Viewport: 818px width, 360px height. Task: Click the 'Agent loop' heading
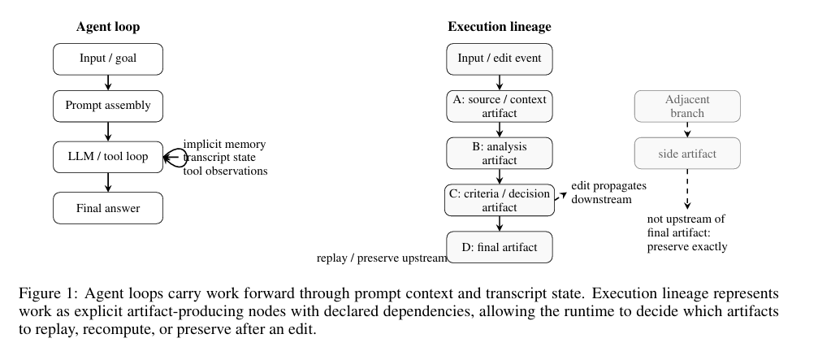(x=108, y=27)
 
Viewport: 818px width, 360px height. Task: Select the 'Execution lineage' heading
(x=500, y=27)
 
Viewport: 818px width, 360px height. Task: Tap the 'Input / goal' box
(x=108, y=59)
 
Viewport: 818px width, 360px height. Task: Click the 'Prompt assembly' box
(x=108, y=106)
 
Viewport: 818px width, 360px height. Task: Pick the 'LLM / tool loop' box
(x=108, y=157)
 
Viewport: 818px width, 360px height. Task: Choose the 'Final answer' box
(x=108, y=208)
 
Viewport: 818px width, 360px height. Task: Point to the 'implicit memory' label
(x=224, y=144)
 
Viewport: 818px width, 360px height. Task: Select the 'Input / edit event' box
(x=500, y=59)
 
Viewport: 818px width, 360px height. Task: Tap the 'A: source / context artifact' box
(x=500, y=106)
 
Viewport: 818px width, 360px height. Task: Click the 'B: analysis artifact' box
(x=500, y=153)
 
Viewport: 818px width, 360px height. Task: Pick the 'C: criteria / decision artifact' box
(x=500, y=200)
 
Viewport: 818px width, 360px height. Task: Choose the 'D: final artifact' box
(x=500, y=247)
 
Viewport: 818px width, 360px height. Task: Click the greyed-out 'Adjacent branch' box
(x=687, y=106)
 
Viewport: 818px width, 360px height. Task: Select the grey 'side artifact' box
(x=687, y=153)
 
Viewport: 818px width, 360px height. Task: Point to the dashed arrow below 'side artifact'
(x=687, y=189)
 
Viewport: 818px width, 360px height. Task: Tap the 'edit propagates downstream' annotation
(x=608, y=193)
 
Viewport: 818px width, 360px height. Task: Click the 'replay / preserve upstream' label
(x=382, y=258)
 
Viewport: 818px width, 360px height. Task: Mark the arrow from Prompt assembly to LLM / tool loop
(x=108, y=132)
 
